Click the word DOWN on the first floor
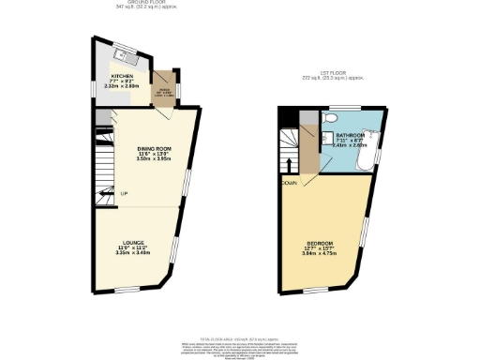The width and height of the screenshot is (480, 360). [x=291, y=184]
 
